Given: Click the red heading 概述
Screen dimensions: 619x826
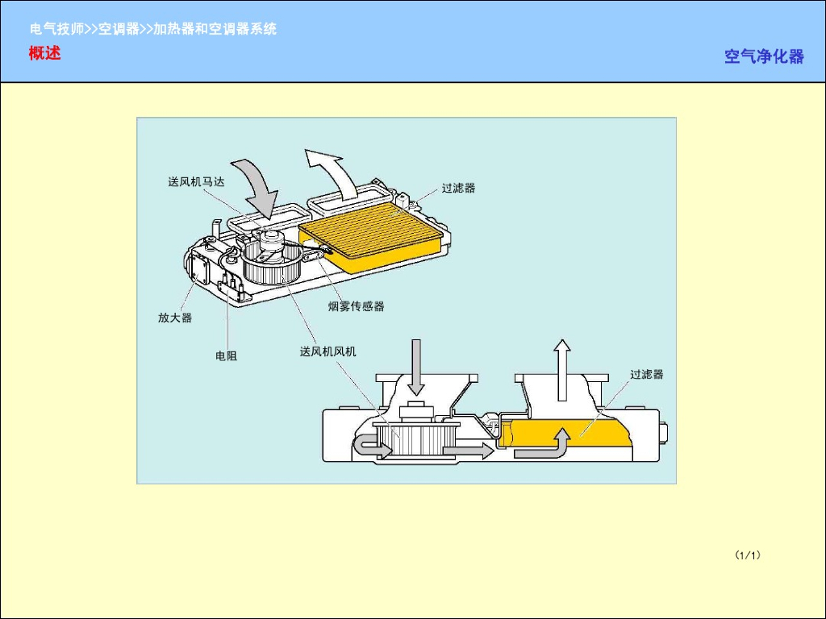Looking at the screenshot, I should click(x=44, y=54).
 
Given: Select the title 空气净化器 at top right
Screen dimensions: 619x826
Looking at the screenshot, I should click(x=763, y=56).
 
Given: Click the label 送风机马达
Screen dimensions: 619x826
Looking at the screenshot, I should click(x=196, y=182).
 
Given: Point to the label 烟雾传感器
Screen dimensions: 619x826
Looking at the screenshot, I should click(x=356, y=306).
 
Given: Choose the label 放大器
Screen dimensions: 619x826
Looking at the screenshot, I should click(x=175, y=318).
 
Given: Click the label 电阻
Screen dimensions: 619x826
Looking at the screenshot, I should click(x=226, y=355).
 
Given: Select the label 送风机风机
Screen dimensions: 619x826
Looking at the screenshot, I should click(x=327, y=351).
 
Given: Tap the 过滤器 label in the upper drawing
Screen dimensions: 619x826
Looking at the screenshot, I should click(x=458, y=188).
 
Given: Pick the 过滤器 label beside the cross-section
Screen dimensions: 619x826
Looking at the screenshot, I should click(x=646, y=374).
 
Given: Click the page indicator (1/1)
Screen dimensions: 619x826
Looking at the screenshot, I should click(x=748, y=555).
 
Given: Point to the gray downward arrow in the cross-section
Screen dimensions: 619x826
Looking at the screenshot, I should click(x=416, y=365).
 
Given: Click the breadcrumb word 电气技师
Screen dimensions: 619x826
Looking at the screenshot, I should click(x=57, y=29).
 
